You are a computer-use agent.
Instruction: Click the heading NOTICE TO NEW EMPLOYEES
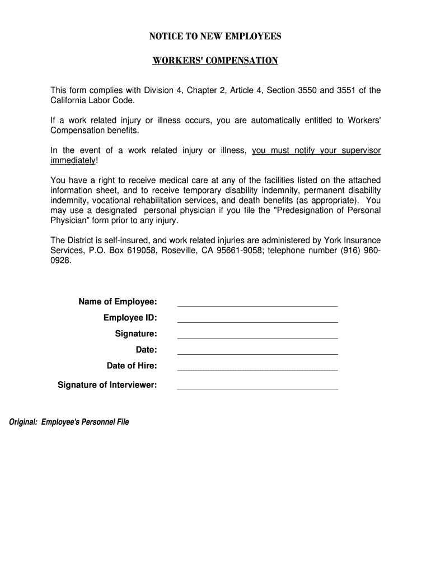pyautogui.click(x=215, y=37)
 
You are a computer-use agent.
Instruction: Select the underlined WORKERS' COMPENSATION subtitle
pyautogui.click(x=215, y=61)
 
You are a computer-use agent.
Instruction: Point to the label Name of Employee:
pyautogui.click(x=118, y=302)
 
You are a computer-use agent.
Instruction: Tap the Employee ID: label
pyautogui.click(x=130, y=318)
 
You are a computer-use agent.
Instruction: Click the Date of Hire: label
pyautogui.click(x=132, y=366)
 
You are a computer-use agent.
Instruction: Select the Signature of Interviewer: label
pyautogui.click(x=107, y=385)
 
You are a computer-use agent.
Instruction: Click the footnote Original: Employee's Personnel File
pyautogui.click(x=68, y=422)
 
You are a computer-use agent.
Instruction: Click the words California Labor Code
pyautogui.click(x=92, y=100)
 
